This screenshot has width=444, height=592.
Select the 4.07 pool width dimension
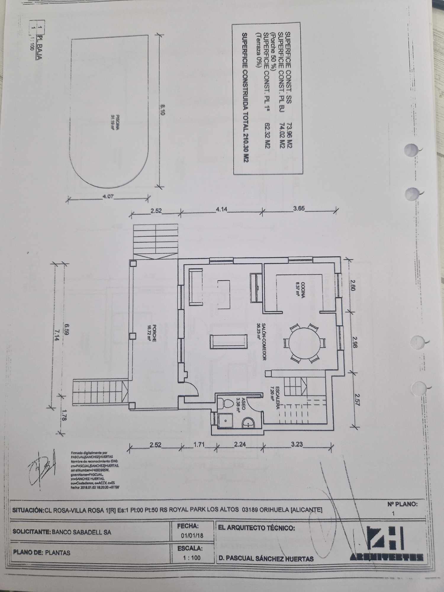(108, 197)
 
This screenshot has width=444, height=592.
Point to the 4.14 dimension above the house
(221, 209)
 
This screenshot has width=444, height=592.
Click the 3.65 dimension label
(299, 209)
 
